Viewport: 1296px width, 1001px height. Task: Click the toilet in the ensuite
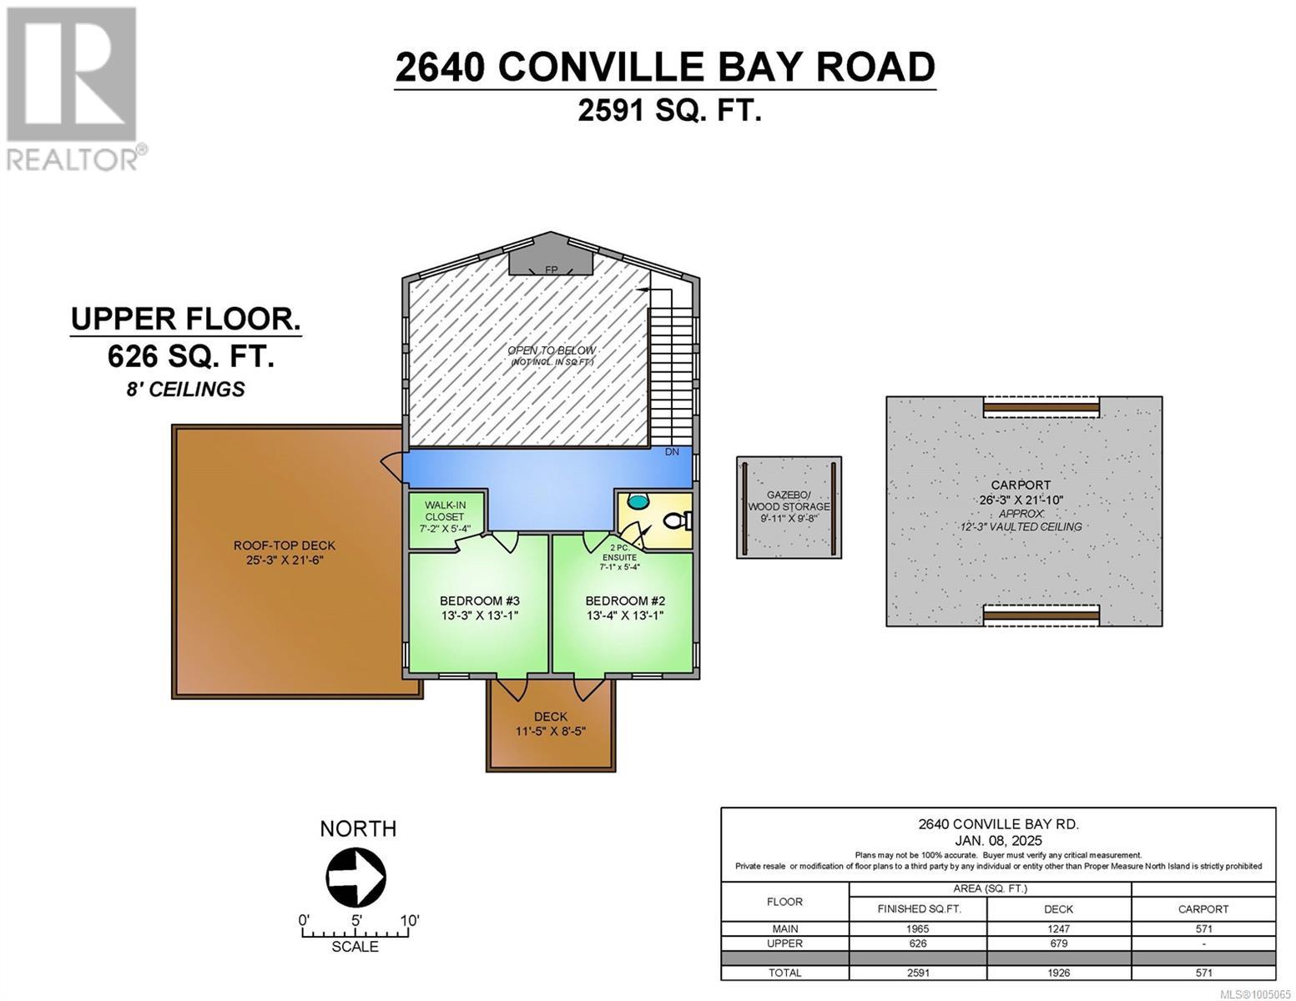point(678,521)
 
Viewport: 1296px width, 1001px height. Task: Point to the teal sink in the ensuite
point(638,501)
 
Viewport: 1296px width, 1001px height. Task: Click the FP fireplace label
point(551,270)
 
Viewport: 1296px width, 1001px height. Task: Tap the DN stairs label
point(672,452)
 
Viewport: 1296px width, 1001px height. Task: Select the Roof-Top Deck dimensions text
point(285,561)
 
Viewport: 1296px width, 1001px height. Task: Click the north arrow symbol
point(356,877)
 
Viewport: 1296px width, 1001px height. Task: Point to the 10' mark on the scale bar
point(409,921)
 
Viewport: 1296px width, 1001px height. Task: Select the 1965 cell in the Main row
point(917,929)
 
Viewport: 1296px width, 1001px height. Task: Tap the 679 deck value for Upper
point(1058,943)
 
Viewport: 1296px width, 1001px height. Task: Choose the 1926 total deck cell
point(1058,973)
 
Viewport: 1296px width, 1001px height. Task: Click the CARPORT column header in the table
point(1203,909)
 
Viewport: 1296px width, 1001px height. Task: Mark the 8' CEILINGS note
point(185,390)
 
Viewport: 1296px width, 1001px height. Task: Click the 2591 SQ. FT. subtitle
point(669,110)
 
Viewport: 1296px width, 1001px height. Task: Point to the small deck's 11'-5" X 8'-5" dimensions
point(551,731)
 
